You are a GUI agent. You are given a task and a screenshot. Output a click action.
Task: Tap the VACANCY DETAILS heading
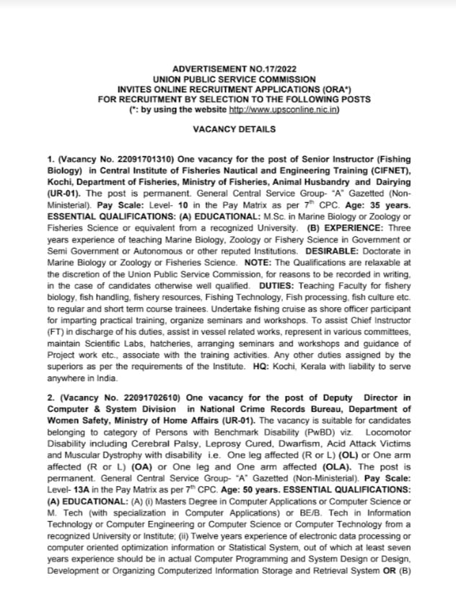pos(234,129)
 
